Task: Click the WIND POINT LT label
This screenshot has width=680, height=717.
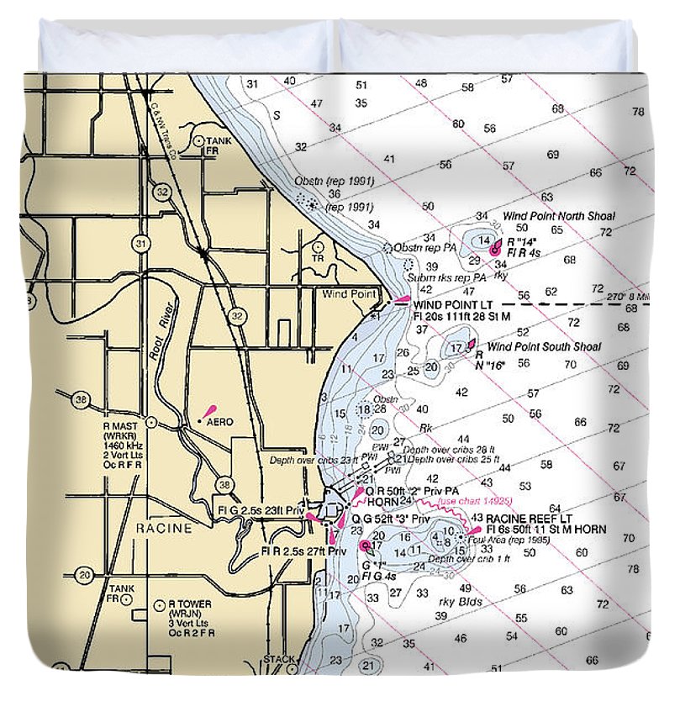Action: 450,303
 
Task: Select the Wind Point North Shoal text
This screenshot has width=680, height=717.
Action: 558,216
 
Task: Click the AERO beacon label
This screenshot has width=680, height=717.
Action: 219,422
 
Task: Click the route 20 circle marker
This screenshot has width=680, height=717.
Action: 84,576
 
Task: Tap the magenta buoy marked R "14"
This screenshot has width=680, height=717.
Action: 495,249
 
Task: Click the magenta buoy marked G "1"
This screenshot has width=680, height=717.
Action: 365,546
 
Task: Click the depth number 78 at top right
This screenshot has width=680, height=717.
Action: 637,112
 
